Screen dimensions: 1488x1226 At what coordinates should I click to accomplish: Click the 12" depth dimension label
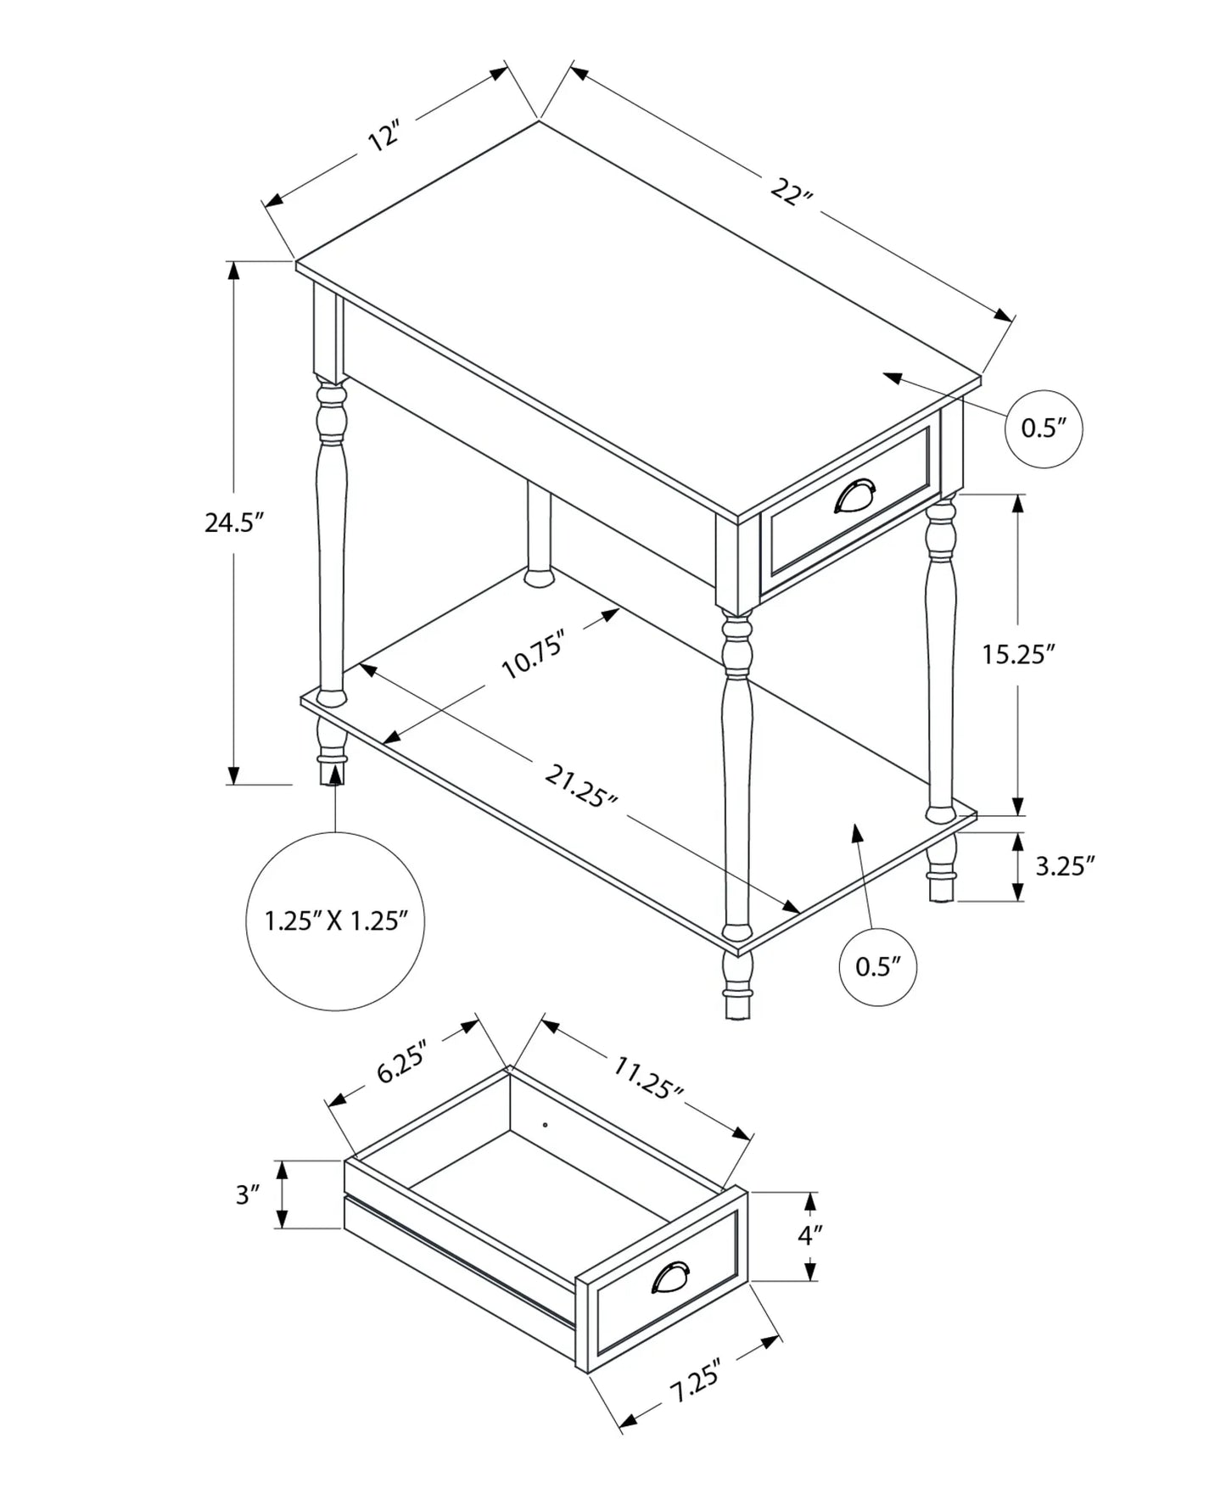[383, 137]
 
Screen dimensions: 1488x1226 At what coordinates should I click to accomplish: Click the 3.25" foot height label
[1065, 865]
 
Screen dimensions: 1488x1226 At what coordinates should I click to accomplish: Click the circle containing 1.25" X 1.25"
[335, 920]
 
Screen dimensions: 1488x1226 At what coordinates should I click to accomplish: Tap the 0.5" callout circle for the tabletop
[1043, 428]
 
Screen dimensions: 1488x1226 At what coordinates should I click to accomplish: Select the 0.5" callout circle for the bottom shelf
[877, 967]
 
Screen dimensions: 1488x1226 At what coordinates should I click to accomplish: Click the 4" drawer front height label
[805, 1235]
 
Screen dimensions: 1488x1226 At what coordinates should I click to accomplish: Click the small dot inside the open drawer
[545, 1126]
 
